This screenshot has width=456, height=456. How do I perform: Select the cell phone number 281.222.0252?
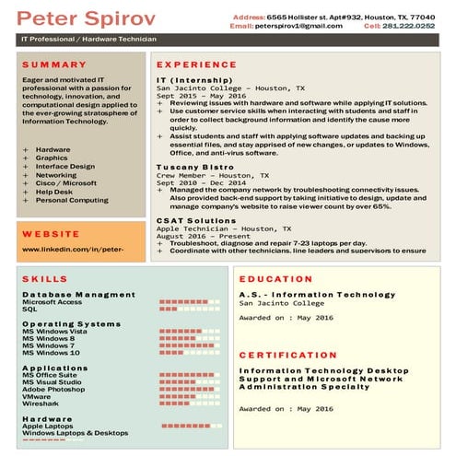point(411,26)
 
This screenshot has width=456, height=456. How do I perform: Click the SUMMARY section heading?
point(53,64)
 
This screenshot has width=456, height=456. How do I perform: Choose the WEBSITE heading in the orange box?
point(51,234)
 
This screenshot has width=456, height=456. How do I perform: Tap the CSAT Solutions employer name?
point(196,221)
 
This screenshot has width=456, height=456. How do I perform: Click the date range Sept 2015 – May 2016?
point(201,95)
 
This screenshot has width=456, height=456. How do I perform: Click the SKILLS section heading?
point(44,278)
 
